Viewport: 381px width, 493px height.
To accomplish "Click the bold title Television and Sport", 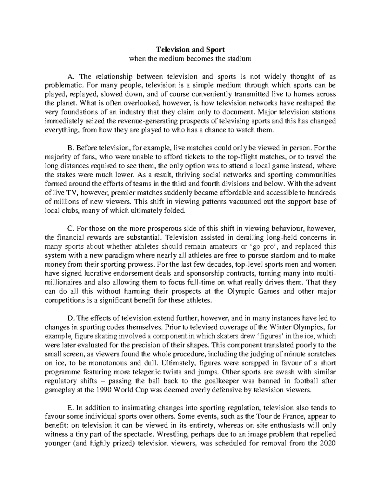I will click(x=190, y=50).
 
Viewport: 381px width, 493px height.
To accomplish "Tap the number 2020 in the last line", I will click(x=327, y=443).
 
